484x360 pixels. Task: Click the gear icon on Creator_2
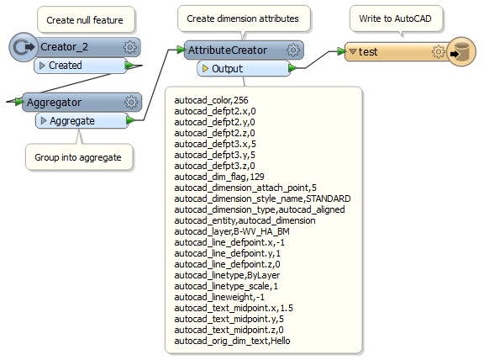(x=130, y=47)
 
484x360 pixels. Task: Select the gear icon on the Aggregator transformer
(x=131, y=102)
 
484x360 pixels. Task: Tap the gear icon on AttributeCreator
(x=293, y=50)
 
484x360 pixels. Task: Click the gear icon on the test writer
(x=438, y=51)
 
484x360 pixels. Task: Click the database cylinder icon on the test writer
(x=461, y=51)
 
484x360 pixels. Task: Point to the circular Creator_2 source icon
(x=23, y=47)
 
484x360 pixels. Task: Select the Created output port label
(x=66, y=66)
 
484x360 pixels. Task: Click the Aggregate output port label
(x=72, y=121)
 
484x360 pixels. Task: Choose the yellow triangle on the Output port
(x=205, y=68)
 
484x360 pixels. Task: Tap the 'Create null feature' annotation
(x=85, y=20)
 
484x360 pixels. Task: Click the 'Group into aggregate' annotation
(x=78, y=157)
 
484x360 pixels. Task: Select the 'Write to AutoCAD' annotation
(x=395, y=19)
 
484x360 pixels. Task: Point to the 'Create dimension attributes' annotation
(x=243, y=19)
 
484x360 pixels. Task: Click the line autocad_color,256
(x=211, y=100)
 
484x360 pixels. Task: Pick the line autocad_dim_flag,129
(x=219, y=177)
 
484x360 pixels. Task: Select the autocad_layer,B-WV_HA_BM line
(x=232, y=231)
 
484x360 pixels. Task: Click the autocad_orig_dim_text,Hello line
(x=232, y=341)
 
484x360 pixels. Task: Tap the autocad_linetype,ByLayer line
(x=227, y=275)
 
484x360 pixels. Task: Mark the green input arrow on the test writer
(x=341, y=51)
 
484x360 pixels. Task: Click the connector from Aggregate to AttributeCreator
(x=156, y=85)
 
